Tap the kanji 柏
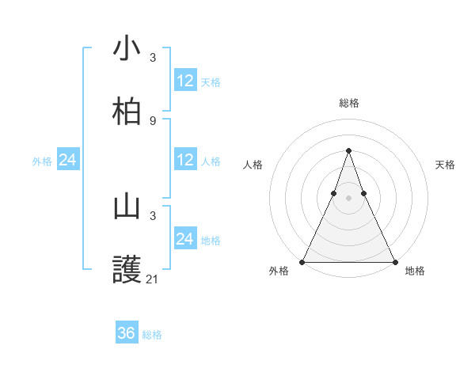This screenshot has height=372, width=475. coord(127,112)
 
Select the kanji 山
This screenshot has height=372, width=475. coord(127,207)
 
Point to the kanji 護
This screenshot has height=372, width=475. coord(127,270)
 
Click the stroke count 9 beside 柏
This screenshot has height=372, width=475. coord(153,121)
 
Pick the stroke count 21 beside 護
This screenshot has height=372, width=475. coord(153,279)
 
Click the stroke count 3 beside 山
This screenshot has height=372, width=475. coord(153,215)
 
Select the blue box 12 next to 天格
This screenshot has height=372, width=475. coord(185,81)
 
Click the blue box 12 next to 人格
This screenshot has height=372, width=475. coord(185,160)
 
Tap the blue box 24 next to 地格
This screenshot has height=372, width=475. coord(185,239)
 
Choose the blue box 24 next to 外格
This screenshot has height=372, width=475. coord(68,160)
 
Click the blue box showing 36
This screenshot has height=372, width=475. coord(127,333)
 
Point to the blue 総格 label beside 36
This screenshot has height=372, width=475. coord(152,335)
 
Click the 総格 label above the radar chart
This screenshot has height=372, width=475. coord(348,103)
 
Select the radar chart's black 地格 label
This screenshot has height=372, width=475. coord(415,271)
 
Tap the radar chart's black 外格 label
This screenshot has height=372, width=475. coord(279,271)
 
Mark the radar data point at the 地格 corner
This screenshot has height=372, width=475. coord(394,261)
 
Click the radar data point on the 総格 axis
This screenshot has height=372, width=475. coord(348,150)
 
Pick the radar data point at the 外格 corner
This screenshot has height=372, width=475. coord(302,261)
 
